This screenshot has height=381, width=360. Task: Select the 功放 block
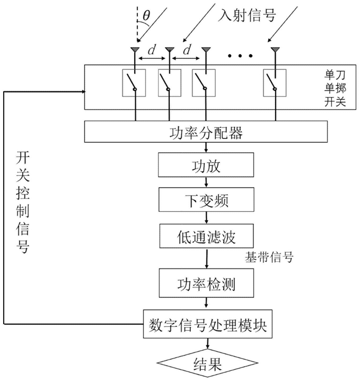pos(207,167)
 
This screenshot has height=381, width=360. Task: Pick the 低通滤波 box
pos(207,235)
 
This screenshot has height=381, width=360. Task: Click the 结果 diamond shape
pos(207,364)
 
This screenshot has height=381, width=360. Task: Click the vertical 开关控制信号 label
pos(22,201)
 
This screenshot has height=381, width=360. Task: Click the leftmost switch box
pos(134,83)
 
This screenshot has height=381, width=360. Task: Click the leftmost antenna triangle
pos(135,50)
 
